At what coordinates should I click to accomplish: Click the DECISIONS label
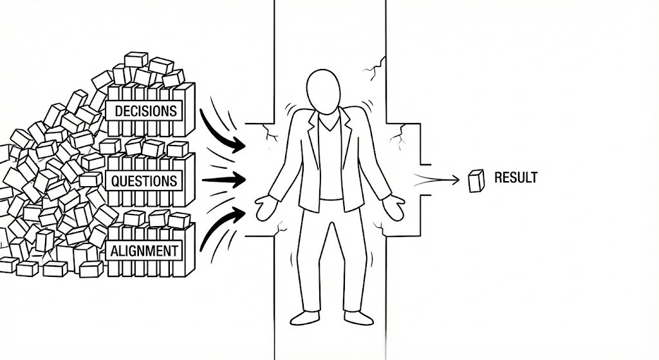click(145, 111)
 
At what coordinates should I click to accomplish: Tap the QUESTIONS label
click(144, 181)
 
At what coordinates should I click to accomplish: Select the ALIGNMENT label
click(144, 251)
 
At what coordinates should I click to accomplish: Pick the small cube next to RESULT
click(476, 181)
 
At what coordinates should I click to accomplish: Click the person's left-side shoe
click(304, 317)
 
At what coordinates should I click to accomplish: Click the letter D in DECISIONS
click(118, 111)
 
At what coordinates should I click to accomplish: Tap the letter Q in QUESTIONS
click(116, 181)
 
